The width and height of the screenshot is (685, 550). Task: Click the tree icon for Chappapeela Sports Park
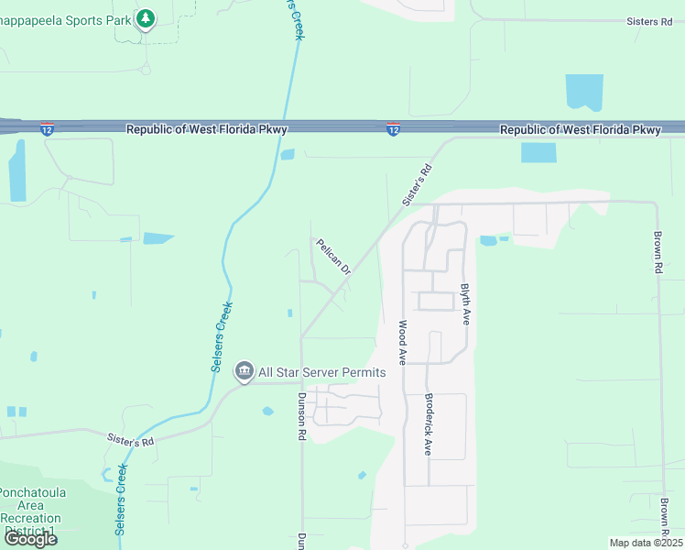tap(145, 18)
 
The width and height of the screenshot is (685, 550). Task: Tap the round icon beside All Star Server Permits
tap(244, 371)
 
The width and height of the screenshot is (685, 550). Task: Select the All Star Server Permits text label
tap(321, 372)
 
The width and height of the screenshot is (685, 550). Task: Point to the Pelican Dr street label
tap(333, 257)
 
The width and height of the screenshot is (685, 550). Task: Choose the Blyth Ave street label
tap(465, 302)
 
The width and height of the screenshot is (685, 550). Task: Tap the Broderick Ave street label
tap(428, 424)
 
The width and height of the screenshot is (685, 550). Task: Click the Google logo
tap(29, 539)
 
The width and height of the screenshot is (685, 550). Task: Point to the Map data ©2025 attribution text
tap(646, 543)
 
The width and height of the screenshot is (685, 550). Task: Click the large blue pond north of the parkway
tap(584, 93)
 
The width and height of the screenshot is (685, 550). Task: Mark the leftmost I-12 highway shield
tap(47, 130)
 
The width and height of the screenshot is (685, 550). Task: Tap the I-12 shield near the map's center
tap(392, 130)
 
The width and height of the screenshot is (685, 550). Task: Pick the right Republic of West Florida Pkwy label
tap(580, 130)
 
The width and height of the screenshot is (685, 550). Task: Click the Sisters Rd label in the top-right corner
tap(649, 21)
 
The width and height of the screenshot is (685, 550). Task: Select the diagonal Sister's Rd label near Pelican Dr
tap(416, 185)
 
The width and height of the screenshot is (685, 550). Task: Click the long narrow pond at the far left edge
tap(16, 171)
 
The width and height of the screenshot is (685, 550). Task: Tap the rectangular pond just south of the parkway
tap(538, 153)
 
